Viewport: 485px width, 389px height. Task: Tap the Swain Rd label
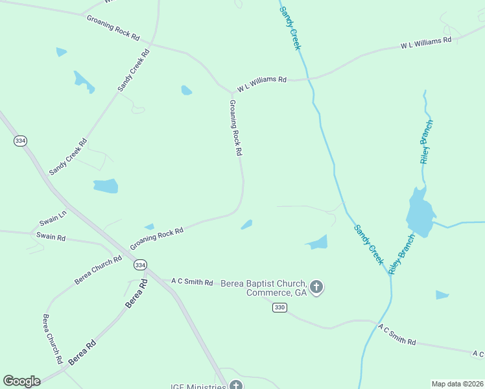(51, 237)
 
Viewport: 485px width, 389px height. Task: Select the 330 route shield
(279, 307)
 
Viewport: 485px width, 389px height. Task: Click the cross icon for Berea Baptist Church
(316, 287)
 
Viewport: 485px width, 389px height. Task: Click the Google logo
(21, 381)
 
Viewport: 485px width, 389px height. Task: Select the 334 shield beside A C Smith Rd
(140, 265)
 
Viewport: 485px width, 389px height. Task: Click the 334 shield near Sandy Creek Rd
(21, 141)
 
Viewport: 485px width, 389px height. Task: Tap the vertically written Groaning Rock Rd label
(235, 128)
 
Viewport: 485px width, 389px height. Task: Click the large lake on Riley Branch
(420, 213)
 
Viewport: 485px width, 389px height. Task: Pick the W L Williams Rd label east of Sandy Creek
(425, 43)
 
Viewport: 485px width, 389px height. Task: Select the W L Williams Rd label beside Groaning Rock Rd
(261, 84)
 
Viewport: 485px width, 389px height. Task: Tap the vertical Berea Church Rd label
(52, 338)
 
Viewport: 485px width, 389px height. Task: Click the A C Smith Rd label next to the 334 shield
(192, 282)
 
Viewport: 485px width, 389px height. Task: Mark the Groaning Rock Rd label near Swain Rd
(156, 239)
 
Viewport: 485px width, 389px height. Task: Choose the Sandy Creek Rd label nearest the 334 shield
(68, 156)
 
